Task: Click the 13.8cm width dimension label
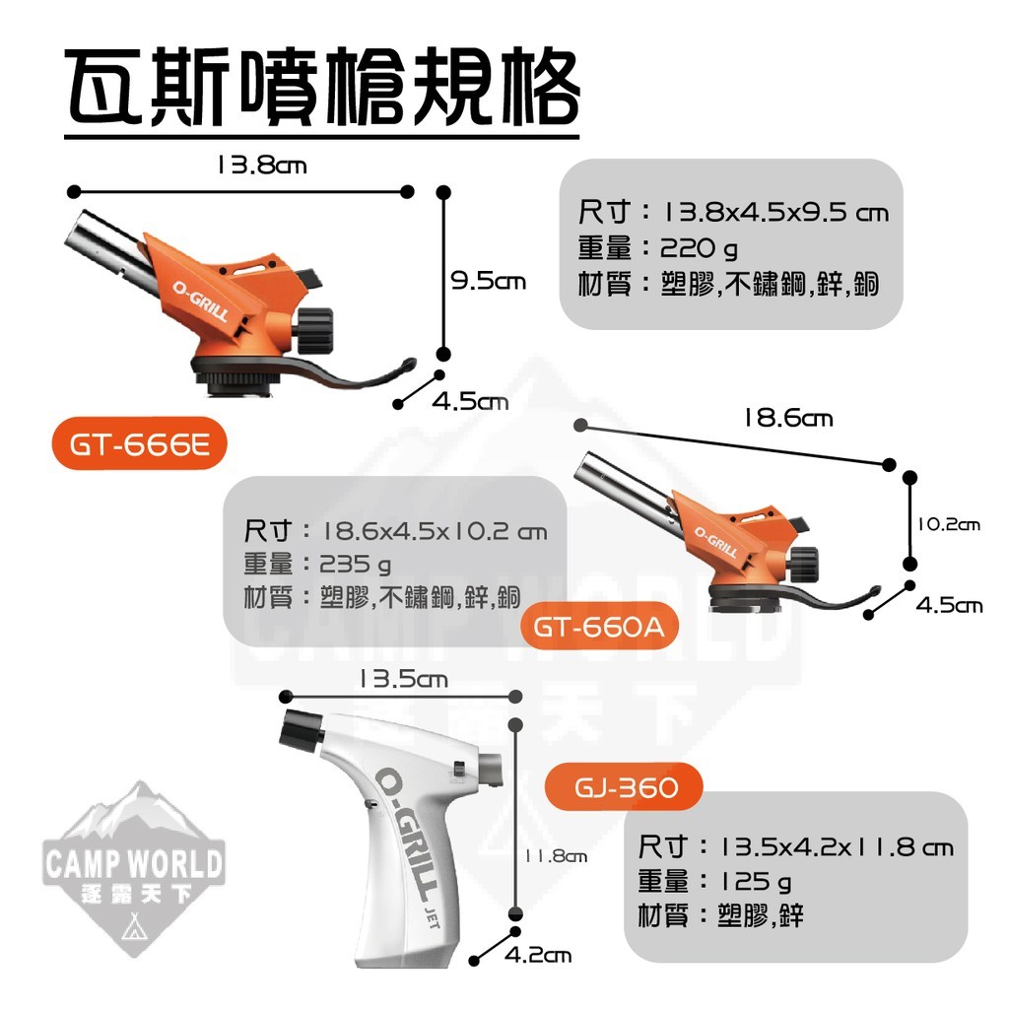click(x=261, y=165)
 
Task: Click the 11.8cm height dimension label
click(x=555, y=856)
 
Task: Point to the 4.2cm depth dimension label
click(x=537, y=955)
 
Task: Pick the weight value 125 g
click(x=754, y=880)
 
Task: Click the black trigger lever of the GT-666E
click(x=355, y=380)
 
